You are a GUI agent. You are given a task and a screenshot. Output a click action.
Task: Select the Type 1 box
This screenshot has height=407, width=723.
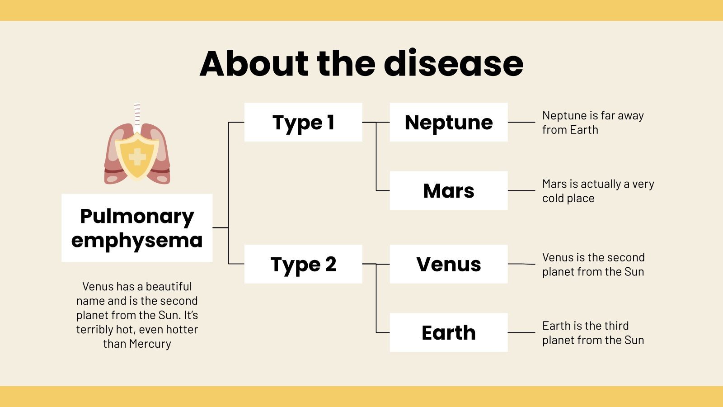coord(303,122)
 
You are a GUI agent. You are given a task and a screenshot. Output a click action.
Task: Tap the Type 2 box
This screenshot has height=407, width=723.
coord(303,264)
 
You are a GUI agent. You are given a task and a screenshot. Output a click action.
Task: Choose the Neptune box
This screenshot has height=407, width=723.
coord(448,122)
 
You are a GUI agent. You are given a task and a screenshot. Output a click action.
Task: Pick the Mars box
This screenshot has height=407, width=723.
coord(448,190)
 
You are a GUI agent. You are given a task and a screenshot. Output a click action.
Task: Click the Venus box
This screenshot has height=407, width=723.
coord(448,264)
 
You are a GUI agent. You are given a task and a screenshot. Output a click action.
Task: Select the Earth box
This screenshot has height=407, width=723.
coord(448,332)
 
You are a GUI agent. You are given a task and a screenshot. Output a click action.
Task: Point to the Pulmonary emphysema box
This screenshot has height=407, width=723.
coord(137,228)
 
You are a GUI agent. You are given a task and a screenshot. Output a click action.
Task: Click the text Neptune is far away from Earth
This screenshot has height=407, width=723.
coord(592,123)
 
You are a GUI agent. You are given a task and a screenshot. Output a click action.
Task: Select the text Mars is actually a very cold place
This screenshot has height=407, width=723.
coord(597,191)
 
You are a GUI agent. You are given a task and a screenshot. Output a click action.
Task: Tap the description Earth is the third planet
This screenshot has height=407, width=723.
coord(592,333)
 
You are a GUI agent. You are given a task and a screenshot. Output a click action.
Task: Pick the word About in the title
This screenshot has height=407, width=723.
coord(254,63)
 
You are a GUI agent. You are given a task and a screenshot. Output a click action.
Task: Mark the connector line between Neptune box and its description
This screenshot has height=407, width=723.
coord(521,122)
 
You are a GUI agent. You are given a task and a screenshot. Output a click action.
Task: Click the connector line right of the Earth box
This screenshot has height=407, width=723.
coord(521,332)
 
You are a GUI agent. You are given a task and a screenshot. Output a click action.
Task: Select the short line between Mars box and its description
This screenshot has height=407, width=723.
coord(521,190)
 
